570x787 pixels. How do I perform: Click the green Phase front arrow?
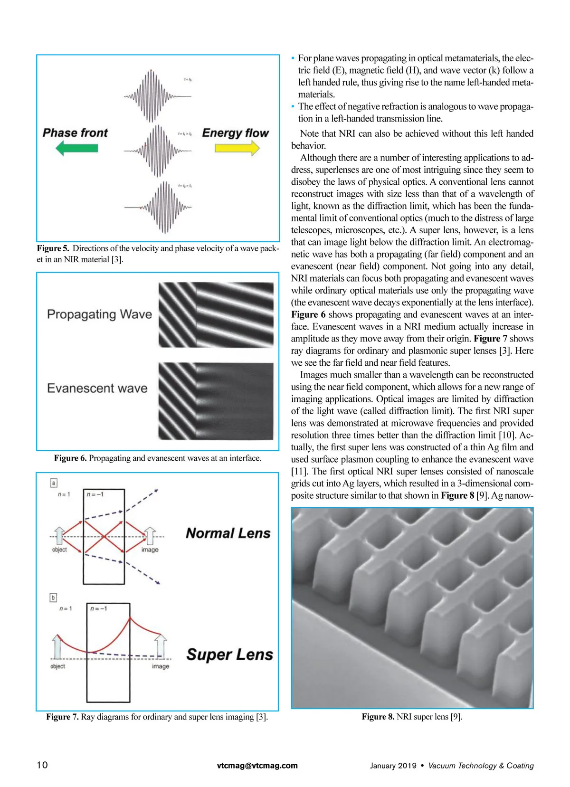click(x=77, y=148)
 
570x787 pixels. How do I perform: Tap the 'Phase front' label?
click(x=75, y=133)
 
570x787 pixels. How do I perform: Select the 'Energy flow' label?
click(x=235, y=133)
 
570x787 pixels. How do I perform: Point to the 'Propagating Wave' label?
click(x=99, y=314)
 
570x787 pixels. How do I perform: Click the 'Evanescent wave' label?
click(x=97, y=389)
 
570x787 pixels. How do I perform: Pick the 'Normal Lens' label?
click(x=228, y=533)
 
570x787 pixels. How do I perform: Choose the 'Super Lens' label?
click(x=229, y=654)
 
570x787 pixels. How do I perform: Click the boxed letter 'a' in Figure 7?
click(x=54, y=483)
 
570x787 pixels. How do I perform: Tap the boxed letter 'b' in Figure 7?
click(x=53, y=597)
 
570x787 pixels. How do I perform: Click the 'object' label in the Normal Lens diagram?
click(x=59, y=550)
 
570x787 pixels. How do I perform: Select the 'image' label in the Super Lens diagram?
click(x=161, y=666)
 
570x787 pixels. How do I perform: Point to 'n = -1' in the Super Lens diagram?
click(x=98, y=608)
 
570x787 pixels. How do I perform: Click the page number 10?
click(x=42, y=765)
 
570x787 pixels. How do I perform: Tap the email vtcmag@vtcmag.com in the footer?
click(x=257, y=765)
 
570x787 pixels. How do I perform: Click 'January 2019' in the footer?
click(x=393, y=766)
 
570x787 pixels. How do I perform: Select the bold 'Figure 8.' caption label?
click(x=378, y=717)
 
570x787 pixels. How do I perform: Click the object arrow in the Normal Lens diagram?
click(x=59, y=535)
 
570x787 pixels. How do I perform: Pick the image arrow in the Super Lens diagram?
click(x=161, y=646)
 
